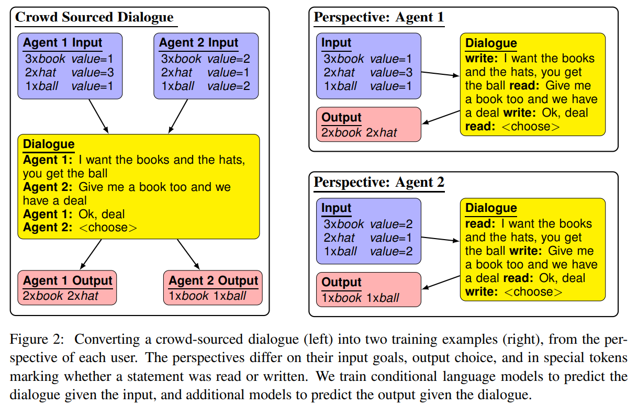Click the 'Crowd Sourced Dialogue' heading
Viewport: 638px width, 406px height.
click(x=94, y=17)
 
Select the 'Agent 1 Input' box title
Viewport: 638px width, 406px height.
click(x=62, y=43)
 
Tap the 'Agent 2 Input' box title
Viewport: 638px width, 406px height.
click(x=198, y=43)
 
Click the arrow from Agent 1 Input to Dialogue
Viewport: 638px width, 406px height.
click(x=98, y=116)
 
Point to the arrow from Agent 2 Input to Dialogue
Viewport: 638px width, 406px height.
click(x=178, y=116)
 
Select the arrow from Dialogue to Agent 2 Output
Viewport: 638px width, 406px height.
click(x=188, y=255)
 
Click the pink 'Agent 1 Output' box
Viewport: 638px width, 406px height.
click(x=67, y=288)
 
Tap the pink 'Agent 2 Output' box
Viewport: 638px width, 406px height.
click(x=213, y=288)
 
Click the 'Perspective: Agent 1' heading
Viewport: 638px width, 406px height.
click(x=378, y=17)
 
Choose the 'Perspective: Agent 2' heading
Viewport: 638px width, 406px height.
click(x=378, y=183)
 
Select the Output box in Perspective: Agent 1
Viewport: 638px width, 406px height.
click(x=368, y=125)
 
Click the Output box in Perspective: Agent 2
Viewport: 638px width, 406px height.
click(x=368, y=289)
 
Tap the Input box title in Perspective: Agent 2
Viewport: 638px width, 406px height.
click(x=336, y=208)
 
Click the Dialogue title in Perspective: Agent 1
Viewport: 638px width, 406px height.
click(x=490, y=43)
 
